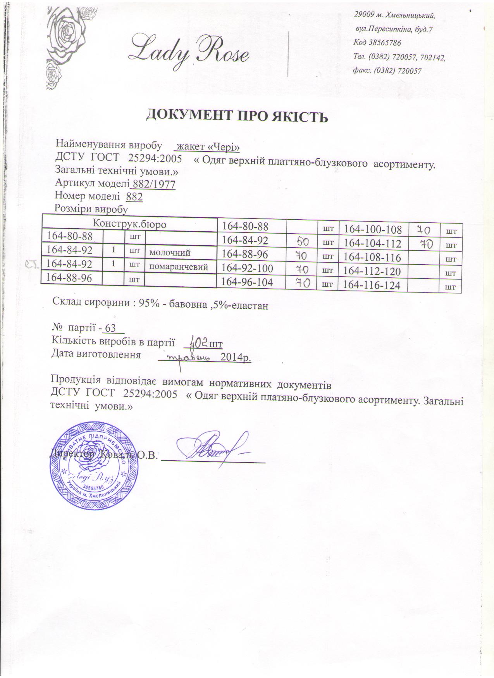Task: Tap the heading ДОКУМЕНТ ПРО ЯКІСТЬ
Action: click(237, 116)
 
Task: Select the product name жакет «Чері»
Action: click(207, 147)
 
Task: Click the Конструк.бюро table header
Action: click(129, 224)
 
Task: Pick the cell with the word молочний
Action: click(170, 253)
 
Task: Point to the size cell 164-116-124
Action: click(370, 286)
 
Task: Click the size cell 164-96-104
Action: click(247, 283)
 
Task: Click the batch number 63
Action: click(111, 329)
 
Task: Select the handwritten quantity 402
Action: click(198, 342)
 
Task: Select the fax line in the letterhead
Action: click(387, 71)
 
